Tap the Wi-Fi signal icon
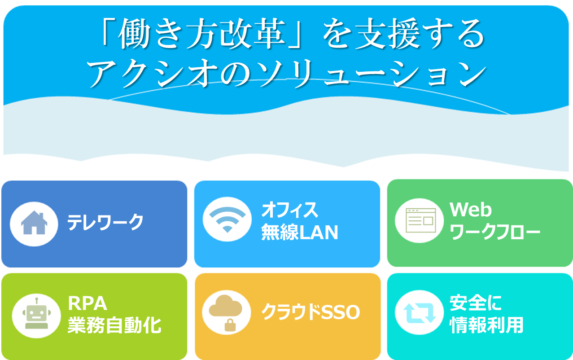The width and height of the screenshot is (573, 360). click(227, 219)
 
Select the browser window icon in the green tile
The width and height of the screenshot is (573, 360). click(421, 220)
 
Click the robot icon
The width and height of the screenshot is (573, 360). click(37, 313)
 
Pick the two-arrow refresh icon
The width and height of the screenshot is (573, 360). click(420, 313)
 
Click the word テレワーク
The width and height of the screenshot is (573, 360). click(105, 222)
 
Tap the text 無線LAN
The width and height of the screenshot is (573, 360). click(300, 232)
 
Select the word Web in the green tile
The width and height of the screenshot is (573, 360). click(471, 210)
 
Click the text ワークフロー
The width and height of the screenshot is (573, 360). click(495, 232)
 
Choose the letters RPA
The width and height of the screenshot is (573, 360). click(87, 303)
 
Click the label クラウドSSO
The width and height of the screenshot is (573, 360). click(311, 312)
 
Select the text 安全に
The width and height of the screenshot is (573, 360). click(476, 303)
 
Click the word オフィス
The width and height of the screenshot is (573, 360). click(290, 210)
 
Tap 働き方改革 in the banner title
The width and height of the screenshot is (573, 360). click(201, 34)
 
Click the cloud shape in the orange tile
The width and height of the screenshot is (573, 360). click(225, 306)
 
